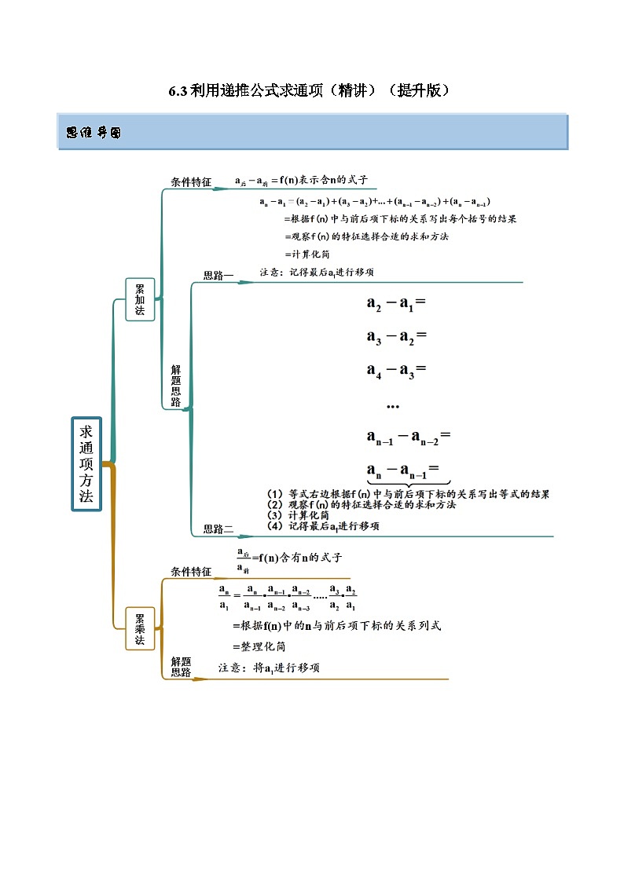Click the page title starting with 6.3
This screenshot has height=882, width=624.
[x=311, y=90]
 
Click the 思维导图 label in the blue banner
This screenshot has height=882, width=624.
[x=94, y=133]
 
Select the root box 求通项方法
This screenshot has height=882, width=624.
[x=86, y=463]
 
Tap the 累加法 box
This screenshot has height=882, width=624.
[x=140, y=298]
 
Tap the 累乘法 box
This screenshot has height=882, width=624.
[x=140, y=629]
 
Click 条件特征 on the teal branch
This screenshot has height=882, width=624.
[x=191, y=181]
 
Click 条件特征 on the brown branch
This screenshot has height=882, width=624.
[x=191, y=571]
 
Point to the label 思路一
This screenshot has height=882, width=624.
[x=218, y=275]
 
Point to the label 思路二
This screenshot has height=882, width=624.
[x=218, y=529]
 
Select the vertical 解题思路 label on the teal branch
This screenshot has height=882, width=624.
[x=175, y=385]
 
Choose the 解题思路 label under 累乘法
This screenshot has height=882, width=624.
[x=181, y=667]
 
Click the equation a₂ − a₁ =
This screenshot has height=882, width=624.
[x=395, y=303]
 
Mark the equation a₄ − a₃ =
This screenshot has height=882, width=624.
[x=395, y=370]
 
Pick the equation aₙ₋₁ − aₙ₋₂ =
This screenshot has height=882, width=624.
[x=407, y=437]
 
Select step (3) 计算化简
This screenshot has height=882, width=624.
[x=299, y=515]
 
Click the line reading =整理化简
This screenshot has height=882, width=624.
[x=259, y=646]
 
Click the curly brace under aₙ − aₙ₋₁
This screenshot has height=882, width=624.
[x=407, y=484]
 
